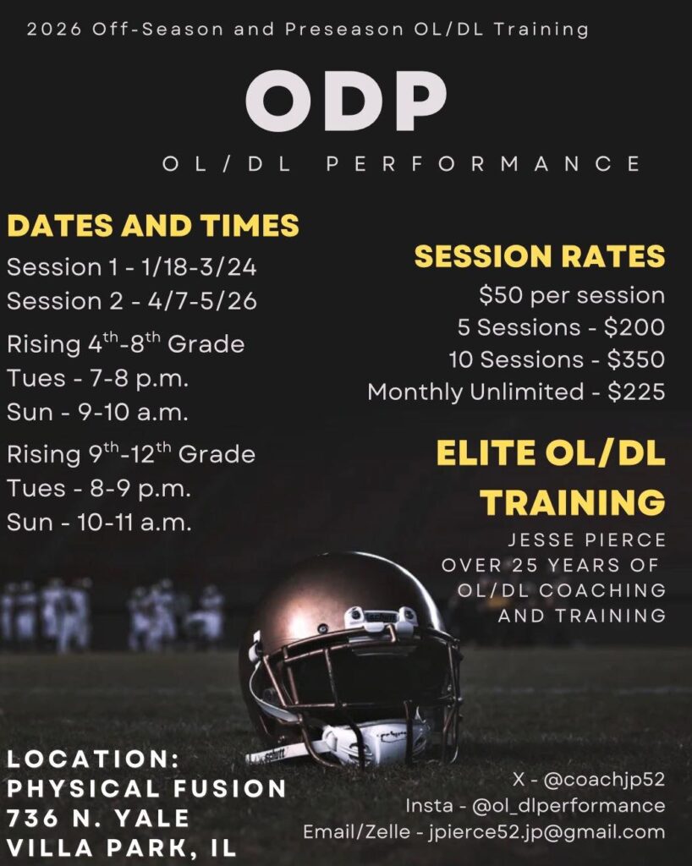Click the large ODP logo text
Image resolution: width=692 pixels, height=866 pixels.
pos(346,101)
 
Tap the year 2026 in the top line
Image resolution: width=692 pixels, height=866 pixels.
pos(53,30)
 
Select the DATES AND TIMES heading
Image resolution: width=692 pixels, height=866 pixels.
pos(153,225)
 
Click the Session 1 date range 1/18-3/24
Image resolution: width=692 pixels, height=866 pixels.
pos(200,267)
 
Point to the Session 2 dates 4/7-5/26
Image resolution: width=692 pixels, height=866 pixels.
pos(202,301)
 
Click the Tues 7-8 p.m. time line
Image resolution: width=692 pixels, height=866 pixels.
pos(98,379)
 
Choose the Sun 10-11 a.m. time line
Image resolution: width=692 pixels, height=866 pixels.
pos(100,523)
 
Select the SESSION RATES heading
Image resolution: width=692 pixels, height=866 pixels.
pos(540,256)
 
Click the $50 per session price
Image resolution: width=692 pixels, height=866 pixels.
pos(572,295)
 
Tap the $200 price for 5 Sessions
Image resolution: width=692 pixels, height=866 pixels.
pos(634,327)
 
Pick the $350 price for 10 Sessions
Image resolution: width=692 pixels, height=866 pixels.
pos(636,359)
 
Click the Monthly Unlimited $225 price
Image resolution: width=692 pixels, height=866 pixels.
pos(636,392)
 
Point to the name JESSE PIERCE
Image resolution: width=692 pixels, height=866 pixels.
pos(587,540)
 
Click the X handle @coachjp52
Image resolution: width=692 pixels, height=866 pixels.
pos(604,779)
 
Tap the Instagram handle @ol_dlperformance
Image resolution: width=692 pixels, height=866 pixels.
pos(568,806)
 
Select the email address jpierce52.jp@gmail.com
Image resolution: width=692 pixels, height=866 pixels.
pos(546,832)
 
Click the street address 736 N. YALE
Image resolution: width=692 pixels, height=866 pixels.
pos(98,818)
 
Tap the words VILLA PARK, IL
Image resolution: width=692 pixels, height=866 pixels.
pos(122,847)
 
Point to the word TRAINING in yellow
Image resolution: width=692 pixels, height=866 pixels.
pos(573,502)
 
